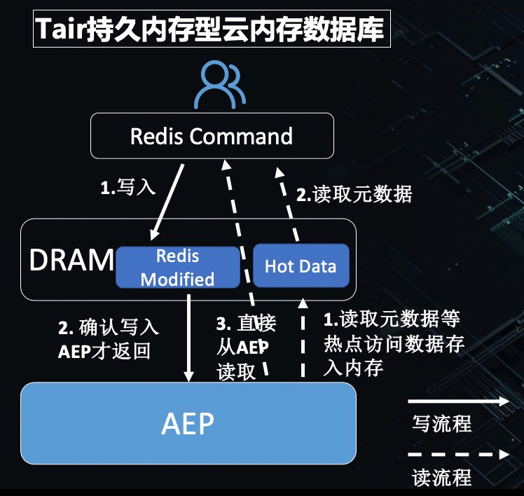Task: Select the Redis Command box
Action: point(211,136)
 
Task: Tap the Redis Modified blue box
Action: point(177,267)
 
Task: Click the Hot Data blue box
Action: point(300,266)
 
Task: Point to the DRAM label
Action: point(71,260)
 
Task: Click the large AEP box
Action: point(188,422)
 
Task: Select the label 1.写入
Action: point(127,188)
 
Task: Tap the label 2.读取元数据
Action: point(354,194)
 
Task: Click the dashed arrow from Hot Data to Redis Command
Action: point(289,203)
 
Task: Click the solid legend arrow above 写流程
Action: point(458,401)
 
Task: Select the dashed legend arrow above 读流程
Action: point(458,455)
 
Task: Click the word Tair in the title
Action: point(61,30)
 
